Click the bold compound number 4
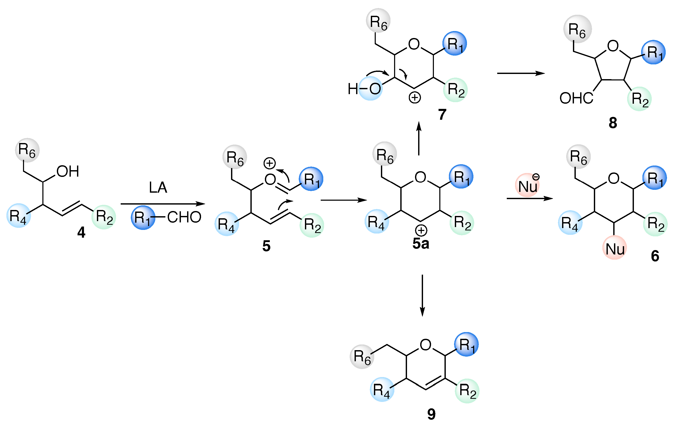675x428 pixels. [x=81, y=232]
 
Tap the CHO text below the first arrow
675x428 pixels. [x=184, y=217]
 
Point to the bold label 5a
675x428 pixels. [x=420, y=243]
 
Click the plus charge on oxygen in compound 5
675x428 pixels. [x=270, y=163]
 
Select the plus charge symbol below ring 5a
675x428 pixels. [x=421, y=230]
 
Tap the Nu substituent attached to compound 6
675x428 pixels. [x=615, y=249]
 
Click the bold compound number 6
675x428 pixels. [x=655, y=256]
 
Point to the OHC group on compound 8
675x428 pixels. [x=576, y=99]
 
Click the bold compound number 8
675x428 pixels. [x=613, y=123]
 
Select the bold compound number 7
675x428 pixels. [x=442, y=114]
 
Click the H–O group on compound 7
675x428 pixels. [x=364, y=89]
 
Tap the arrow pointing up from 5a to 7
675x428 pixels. [x=419, y=139]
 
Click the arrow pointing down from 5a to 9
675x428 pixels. [x=422, y=296]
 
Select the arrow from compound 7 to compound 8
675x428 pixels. [x=521, y=73]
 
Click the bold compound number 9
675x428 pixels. [x=431, y=414]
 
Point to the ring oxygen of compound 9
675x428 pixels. [x=426, y=345]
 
